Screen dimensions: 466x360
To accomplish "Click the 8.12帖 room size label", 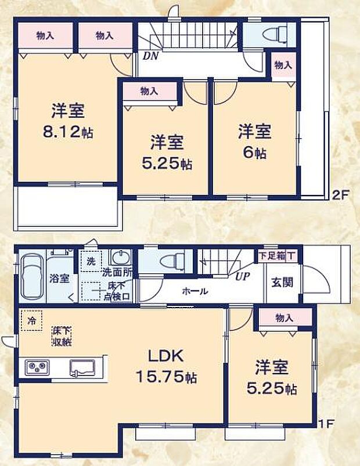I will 67,132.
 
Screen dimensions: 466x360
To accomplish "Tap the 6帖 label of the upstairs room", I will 254,154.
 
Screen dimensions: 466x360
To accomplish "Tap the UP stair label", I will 242,276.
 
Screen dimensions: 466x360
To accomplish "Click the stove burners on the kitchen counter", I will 37,367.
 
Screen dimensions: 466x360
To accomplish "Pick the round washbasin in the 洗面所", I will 120,257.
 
